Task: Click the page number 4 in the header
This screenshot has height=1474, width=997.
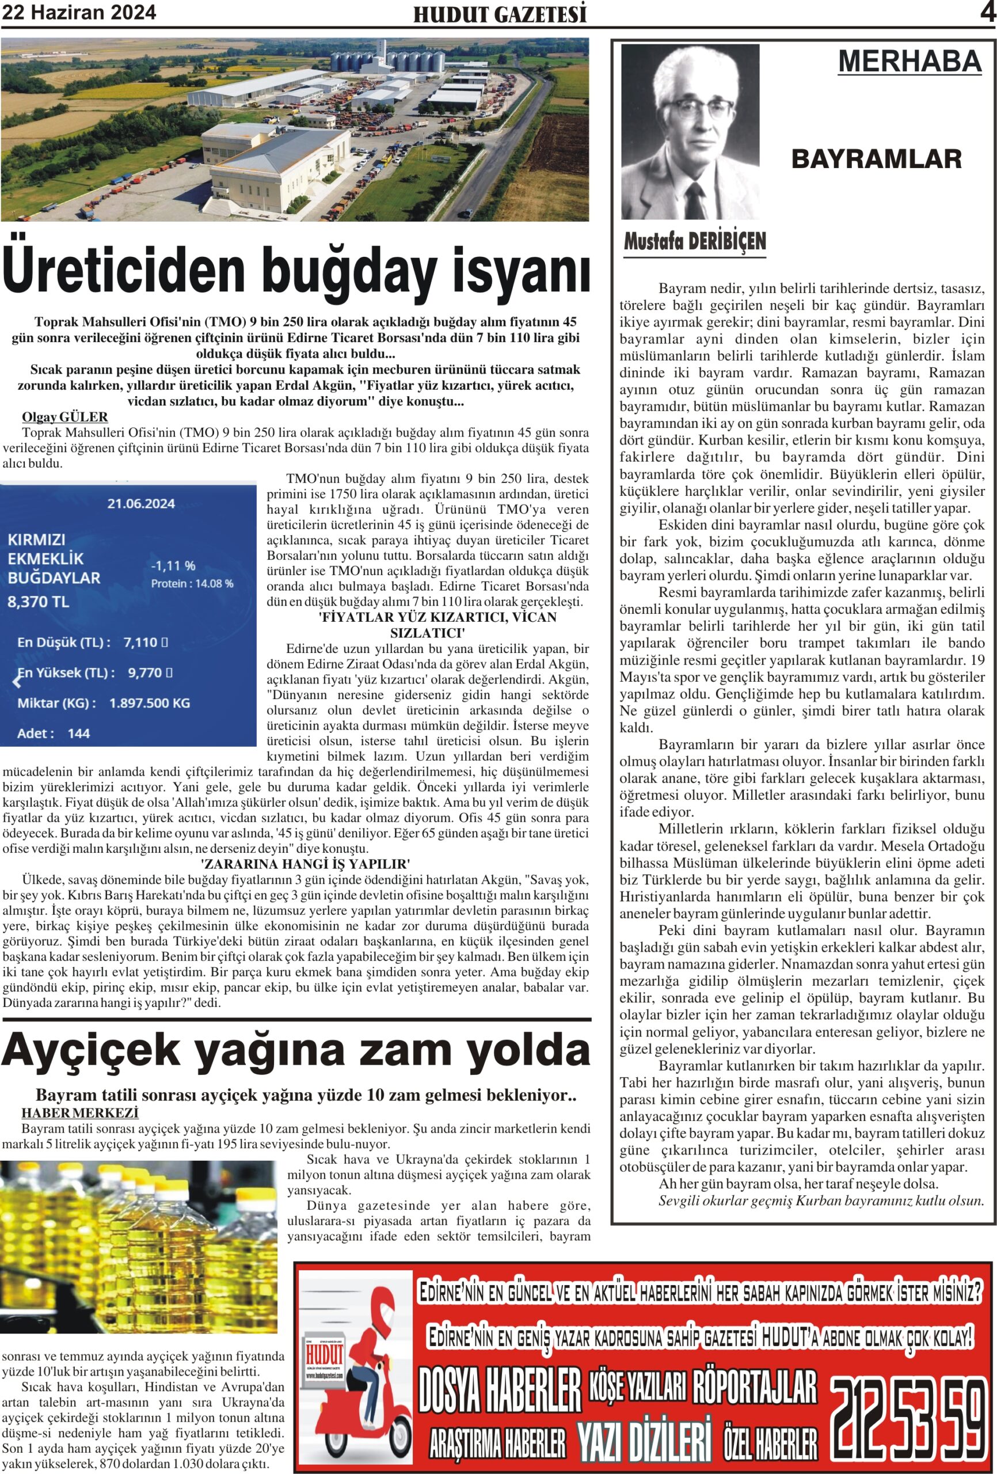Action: pyautogui.click(x=987, y=13)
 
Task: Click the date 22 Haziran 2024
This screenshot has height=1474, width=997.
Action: pyautogui.click(x=79, y=13)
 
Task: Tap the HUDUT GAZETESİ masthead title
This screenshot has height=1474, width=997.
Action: pyautogui.click(x=500, y=14)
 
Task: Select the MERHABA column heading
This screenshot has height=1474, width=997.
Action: pyautogui.click(x=910, y=62)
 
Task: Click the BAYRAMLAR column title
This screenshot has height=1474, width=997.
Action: pyautogui.click(x=876, y=159)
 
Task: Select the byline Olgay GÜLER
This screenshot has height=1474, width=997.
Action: pyautogui.click(x=64, y=417)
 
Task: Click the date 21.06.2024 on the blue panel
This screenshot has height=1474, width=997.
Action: pyautogui.click(x=141, y=504)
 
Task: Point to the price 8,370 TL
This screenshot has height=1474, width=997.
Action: pyautogui.click(x=38, y=601)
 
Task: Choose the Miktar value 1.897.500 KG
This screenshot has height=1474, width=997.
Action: pyautogui.click(x=150, y=703)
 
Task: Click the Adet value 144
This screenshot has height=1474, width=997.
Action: pyautogui.click(x=79, y=733)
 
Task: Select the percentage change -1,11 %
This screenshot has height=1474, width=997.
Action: pyautogui.click(x=173, y=565)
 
